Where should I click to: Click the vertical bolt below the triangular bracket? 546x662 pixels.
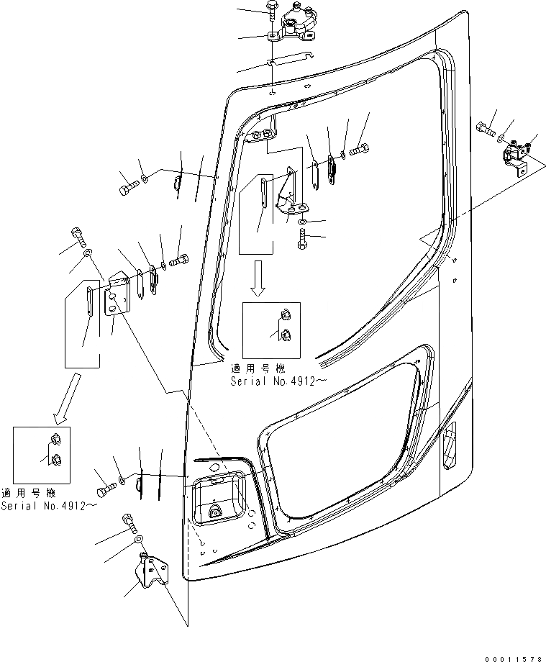(x=302, y=239)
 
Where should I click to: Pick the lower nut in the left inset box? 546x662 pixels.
(x=56, y=461)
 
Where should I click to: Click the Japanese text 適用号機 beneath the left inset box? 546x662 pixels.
(x=28, y=494)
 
